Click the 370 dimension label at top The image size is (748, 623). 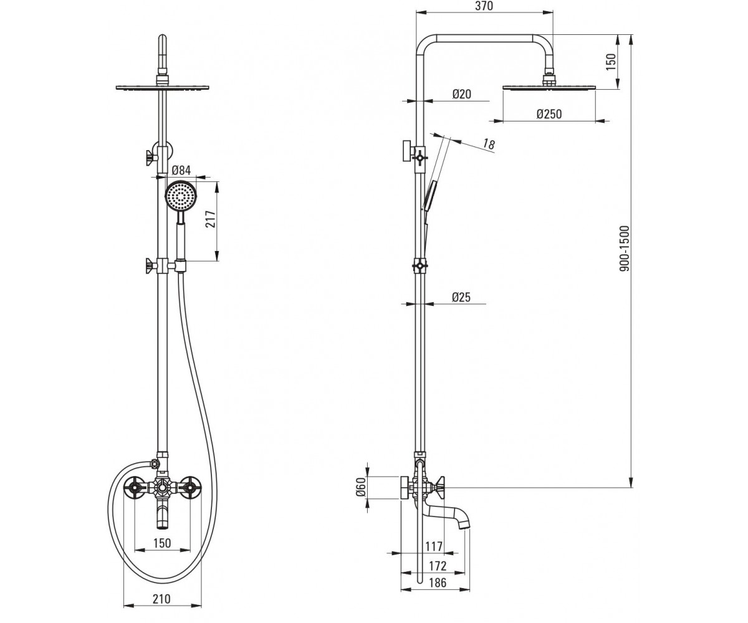(x=484, y=6)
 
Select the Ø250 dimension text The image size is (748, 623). (x=549, y=114)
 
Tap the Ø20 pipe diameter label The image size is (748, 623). (x=462, y=94)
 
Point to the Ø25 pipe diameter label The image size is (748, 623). (x=461, y=297)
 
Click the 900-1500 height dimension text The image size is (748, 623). (x=624, y=248)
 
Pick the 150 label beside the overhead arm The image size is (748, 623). (x=611, y=62)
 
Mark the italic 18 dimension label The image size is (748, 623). (x=489, y=144)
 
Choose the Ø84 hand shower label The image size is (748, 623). (x=181, y=170)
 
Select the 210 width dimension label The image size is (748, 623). (x=161, y=599)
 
